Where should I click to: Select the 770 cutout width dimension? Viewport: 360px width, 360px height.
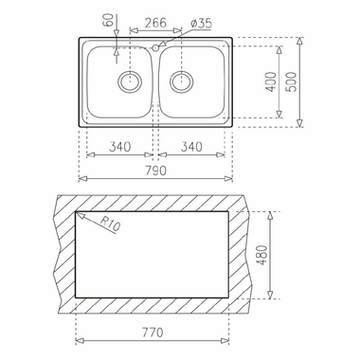[x=154, y=333]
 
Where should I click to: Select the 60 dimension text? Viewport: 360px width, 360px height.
[x=106, y=18]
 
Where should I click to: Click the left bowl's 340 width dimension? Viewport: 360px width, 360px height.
[x=118, y=147]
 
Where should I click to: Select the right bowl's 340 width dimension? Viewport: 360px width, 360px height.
[x=192, y=147]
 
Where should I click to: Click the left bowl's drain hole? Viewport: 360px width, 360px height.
[x=127, y=82]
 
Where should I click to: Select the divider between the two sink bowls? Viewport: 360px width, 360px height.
[x=154, y=85]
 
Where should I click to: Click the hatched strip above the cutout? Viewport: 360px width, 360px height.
[x=154, y=201]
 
